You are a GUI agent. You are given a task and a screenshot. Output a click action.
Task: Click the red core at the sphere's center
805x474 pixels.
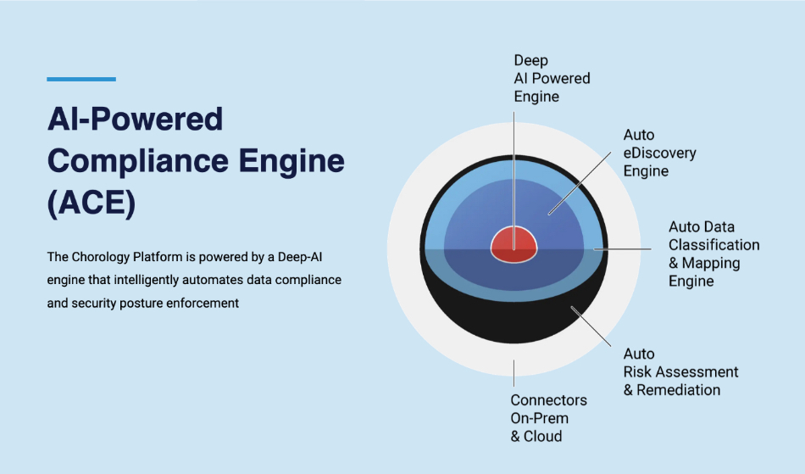[514, 244]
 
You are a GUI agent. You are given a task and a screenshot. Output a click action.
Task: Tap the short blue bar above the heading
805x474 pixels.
[81, 79]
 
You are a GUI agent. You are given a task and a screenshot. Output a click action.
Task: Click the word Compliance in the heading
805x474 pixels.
[137, 161]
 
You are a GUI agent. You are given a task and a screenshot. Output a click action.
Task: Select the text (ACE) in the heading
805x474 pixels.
[92, 203]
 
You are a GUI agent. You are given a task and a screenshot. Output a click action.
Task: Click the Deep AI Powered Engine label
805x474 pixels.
[552, 78]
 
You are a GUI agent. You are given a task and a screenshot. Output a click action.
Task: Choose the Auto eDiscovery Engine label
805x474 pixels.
[660, 153]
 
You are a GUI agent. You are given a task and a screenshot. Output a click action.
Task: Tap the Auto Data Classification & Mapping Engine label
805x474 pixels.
[713, 254]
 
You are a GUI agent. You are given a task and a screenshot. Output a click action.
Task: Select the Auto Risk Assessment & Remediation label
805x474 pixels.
[680, 371]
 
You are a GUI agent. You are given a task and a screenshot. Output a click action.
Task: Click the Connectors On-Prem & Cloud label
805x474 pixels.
[548, 418]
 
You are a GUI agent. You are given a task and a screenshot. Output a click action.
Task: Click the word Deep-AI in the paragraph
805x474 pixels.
[300, 257]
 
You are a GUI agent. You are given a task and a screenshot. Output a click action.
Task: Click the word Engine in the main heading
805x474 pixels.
[291, 161]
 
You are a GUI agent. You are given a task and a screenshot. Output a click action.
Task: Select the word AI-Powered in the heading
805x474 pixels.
[135, 119]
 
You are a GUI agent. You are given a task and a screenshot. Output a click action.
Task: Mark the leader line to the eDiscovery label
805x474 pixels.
[580, 183]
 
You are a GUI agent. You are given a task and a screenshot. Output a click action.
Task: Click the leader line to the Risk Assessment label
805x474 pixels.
[591, 326]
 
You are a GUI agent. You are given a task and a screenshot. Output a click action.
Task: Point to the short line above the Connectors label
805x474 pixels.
[514, 373]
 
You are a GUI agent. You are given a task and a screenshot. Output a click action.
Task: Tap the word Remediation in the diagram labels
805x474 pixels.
[678, 390]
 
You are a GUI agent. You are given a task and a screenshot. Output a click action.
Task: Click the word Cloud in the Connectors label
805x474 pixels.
[542, 436]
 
